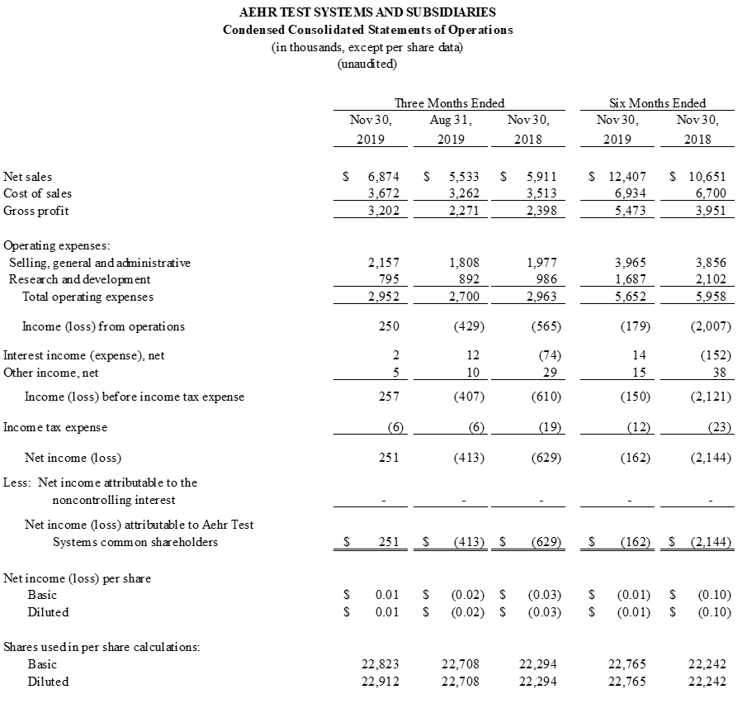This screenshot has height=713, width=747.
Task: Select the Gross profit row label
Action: [x=37, y=210]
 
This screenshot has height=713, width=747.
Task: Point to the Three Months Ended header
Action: [x=449, y=103]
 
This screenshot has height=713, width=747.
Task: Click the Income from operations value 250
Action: [x=389, y=326]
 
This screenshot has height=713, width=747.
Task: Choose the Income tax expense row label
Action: [x=55, y=427]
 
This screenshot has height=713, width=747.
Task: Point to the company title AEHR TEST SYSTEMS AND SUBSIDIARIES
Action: [x=367, y=12]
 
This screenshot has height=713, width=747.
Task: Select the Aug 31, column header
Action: [x=451, y=121]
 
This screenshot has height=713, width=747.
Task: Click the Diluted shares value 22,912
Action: [x=381, y=682]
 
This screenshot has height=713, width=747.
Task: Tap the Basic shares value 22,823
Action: [x=381, y=664]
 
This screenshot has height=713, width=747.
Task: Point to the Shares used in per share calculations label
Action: [x=102, y=647]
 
